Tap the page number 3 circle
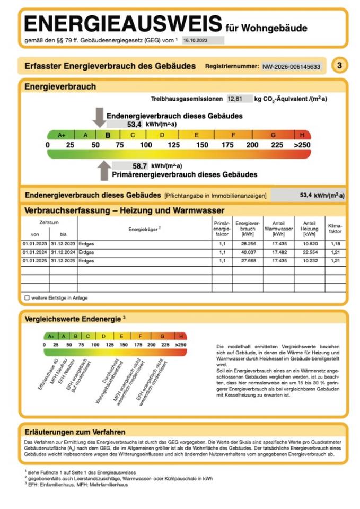click(339, 66)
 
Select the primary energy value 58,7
click(139, 165)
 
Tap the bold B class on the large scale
click(108, 135)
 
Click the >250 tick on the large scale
click(302, 145)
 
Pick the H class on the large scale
click(302, 135)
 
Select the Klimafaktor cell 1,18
click(335, 244)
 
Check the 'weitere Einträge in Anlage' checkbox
click(27, 298)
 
